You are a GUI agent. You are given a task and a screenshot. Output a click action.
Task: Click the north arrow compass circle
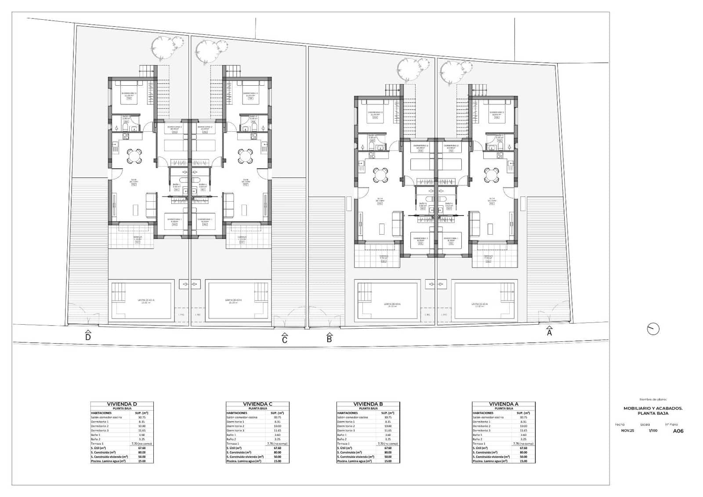coord(653,329)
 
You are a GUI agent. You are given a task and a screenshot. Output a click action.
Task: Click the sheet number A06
coord(678,431)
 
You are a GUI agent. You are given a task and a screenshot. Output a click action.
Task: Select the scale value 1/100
coord(653,431)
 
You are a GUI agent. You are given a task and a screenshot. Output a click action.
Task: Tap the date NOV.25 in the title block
coord(627,431)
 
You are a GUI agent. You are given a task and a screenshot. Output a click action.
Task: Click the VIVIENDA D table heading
coord(122,404)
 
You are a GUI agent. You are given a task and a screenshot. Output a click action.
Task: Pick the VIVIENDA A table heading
coord(504,404)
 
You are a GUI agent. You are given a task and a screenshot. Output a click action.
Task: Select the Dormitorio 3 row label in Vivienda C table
coord(236,431)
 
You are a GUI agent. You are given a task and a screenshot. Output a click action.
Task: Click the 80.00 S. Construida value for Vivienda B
coord(388,452)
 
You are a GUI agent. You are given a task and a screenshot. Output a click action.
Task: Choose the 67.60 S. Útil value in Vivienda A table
coord(523,448)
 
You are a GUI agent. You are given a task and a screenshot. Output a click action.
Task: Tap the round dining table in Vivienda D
coord(134,155)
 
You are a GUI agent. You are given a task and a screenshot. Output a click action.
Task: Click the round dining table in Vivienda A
coord(491,174)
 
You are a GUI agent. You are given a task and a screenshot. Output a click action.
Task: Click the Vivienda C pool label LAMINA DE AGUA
coord(233,301)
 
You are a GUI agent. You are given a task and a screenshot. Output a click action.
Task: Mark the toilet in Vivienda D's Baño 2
coord(125,128)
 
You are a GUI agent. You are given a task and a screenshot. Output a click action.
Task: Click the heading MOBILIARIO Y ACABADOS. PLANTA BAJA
coord(653,411)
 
